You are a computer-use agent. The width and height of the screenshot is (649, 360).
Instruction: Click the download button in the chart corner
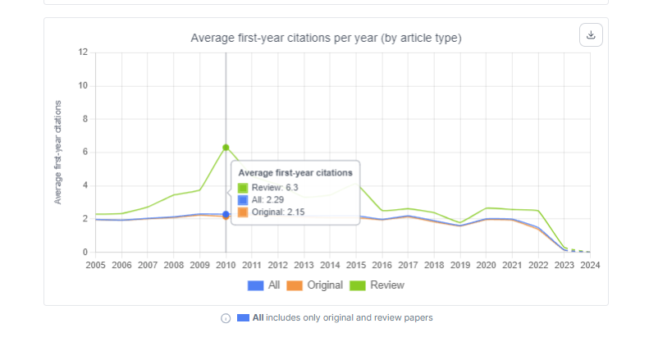click(591, 35)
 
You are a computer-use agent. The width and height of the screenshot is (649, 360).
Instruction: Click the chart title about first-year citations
click(326, 38)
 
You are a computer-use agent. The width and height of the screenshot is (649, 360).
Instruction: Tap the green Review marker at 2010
click(226, 148)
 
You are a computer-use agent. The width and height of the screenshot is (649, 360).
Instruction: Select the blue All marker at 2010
click(226, 214)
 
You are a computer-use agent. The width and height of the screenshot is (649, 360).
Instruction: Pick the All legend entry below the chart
click(263, 285)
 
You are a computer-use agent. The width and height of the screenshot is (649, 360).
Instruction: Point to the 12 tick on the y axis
click(82, 52)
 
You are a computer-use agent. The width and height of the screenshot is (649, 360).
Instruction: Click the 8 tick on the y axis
click(83, 119)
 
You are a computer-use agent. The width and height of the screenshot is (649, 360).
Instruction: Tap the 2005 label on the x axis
click(96, 265)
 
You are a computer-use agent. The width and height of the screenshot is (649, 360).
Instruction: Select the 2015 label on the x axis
click(356, 265)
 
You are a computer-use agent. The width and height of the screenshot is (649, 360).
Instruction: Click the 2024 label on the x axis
click(590, 265)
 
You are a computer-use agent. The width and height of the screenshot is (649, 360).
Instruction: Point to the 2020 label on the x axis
click(486, 265)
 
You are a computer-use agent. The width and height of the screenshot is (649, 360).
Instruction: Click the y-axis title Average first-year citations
click(58, 153)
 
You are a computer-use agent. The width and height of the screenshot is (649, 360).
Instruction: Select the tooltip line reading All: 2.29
click(267, 199)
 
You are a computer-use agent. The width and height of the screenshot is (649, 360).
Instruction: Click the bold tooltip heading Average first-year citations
click(295, 173)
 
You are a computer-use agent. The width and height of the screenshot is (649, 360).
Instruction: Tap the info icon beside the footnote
click(226, 318)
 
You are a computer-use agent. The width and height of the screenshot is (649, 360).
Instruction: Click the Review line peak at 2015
click(356, 182)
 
